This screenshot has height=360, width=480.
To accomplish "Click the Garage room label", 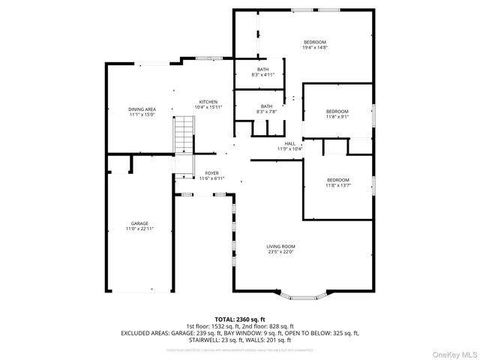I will point(139,223).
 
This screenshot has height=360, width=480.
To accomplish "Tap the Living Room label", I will point(280,246).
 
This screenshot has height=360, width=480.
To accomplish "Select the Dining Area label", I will point(142,109).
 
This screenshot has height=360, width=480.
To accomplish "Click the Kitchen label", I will point(208,102).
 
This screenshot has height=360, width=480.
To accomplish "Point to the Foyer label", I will point(211,173).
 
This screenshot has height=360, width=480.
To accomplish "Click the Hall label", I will point(289,143).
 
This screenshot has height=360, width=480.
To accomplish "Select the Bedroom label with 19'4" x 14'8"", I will point(315,41).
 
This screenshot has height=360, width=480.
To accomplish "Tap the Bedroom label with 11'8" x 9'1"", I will point(337,111).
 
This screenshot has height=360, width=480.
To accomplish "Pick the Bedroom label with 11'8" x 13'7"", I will point(337,180).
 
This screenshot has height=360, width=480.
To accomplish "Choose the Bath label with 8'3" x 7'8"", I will point(266,106).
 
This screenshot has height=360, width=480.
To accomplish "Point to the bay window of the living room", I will point(304,295).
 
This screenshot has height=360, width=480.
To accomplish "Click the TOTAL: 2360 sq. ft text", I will point(239,319).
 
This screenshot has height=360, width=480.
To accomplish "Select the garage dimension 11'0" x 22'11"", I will point(139,228).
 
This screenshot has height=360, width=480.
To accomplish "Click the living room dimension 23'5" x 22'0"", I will point(280,252).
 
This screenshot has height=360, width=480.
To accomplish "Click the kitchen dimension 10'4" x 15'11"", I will point(208,108).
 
